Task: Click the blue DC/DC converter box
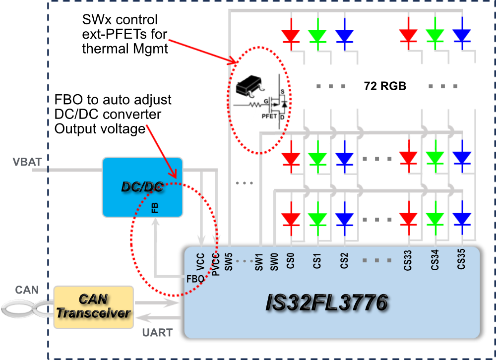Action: click(x=142, y=187)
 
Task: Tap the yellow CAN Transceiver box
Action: click(x=93, y=306)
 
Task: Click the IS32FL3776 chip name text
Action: click(x=326, y=303)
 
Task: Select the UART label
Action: click(x=157, y=333)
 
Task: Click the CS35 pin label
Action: click(x=461, y=261)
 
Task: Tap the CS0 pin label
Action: click(x=291, y=261)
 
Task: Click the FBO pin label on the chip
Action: click(x=195, y=279)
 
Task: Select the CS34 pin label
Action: click(x=434, y=261)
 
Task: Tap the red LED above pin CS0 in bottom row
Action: click(x=291, y=219)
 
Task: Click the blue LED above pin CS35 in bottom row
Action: click(x=461, y=219)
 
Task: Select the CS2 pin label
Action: click(x=344, y=261)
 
